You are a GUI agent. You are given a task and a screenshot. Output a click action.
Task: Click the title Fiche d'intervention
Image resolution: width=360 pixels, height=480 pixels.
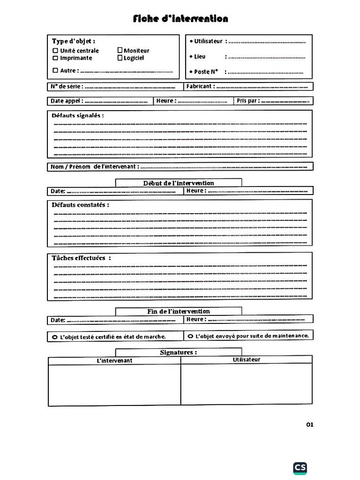[x=180, y=19]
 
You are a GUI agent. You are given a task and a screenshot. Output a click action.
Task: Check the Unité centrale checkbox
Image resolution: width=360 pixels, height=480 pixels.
[x=55, y=51]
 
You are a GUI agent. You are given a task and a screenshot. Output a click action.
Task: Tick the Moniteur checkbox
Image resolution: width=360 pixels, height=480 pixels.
[x=120, y=50]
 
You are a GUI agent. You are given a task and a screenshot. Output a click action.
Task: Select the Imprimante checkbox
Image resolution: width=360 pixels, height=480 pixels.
[x=55, y=58]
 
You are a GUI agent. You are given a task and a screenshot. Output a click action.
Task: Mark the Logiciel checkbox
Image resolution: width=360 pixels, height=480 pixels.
[x=120, y=58]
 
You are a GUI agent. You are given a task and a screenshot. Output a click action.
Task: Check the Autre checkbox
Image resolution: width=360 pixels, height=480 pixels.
[x=55, y=71]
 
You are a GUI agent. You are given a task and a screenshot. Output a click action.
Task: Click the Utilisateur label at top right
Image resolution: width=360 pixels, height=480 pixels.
[x=208, y=41]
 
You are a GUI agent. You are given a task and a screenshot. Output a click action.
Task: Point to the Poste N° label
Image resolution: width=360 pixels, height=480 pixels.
[x=206, y=72]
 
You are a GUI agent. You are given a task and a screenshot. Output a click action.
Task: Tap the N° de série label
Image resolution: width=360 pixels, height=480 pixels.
[x=67, y=86]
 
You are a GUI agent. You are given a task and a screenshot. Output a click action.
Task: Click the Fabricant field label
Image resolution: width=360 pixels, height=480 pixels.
[x=200, y=86]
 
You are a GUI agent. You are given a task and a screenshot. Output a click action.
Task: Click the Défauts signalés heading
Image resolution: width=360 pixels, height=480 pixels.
[x=77, y=115]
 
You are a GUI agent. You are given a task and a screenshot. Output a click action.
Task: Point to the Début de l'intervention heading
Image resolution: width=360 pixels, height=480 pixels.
[x=179, y=183]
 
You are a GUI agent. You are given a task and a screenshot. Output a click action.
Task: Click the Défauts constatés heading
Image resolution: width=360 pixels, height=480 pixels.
[x=80, y=205]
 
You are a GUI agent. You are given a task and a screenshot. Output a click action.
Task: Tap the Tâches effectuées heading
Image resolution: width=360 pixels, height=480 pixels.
[x=81, y=258]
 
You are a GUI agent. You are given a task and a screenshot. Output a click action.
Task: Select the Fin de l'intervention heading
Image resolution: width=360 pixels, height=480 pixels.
[x=179, y=311]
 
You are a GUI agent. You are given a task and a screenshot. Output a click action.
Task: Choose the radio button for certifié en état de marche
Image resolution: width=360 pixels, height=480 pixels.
[x=55, y=337]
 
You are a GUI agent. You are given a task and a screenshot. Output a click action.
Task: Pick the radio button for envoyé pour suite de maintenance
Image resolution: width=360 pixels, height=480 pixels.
[x=190, y=336]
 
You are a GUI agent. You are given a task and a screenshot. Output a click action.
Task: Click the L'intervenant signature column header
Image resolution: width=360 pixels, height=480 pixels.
[x=114, y=360]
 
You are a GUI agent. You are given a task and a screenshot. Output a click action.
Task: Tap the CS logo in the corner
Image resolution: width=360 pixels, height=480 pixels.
[x=300, y=468]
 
